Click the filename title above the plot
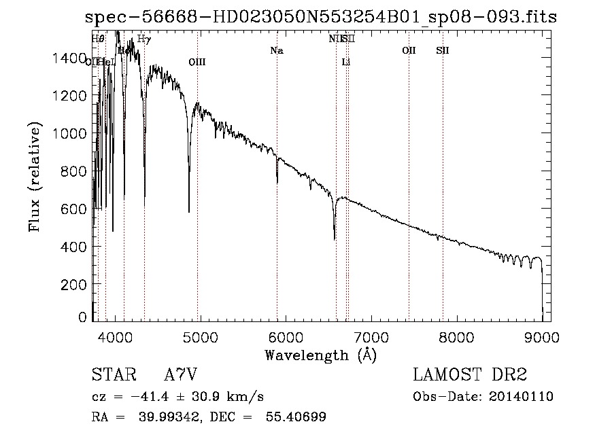[320, 18]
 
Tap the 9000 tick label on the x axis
[542, 336]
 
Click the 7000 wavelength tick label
[371, 336]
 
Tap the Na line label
[276, 51]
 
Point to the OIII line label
[197, 63]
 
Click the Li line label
[346, 63]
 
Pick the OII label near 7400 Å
[409, 51]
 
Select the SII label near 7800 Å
[443, 51]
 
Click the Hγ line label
[143, 39]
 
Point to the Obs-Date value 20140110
[520, 397]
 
